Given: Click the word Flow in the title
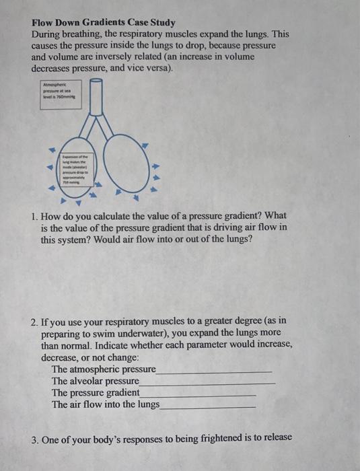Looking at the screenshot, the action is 44,22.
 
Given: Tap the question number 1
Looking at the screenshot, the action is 34,216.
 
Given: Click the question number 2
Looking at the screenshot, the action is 34,322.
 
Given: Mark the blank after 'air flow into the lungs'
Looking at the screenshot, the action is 209,404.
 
